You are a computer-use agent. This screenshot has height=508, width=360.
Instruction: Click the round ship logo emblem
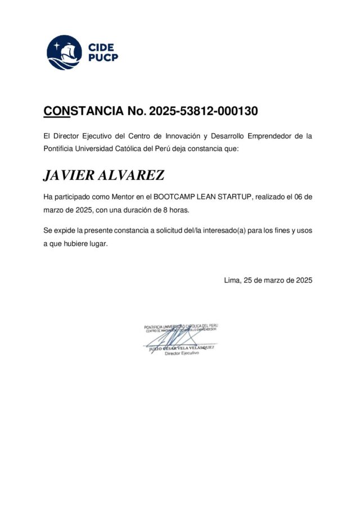coord(64,52)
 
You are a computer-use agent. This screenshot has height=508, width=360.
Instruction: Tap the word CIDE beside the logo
coord(101,47)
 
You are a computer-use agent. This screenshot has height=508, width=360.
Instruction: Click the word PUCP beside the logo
coord(103,57)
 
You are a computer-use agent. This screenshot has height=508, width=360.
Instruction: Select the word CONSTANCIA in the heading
coord(83,111)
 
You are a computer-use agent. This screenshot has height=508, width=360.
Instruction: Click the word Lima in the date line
coord(232,280)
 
